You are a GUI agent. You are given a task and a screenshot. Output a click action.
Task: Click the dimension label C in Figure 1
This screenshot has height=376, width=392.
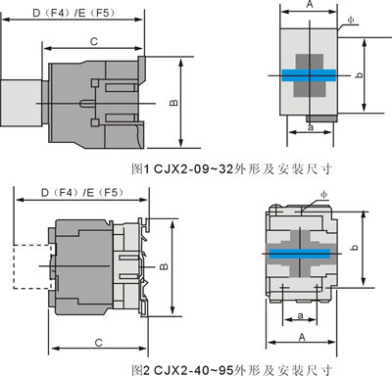click(94, 42)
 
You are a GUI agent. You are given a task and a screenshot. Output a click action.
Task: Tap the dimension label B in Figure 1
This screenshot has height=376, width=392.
click(173, 102)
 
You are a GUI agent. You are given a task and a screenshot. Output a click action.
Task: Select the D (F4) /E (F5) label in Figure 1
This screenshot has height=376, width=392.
click(73, 13)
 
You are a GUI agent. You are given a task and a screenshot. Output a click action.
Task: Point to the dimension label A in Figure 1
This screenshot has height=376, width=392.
click(310, 4)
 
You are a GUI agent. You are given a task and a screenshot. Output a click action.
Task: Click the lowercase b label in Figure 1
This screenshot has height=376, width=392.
click(359, 74)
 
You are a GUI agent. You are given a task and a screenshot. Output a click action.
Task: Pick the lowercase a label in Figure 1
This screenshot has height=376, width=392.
click(311, 127)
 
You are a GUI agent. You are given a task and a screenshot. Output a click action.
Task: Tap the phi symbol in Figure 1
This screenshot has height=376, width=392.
click(351, 20)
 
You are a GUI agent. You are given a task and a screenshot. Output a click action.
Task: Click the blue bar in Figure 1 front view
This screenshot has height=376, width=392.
click(309, 75)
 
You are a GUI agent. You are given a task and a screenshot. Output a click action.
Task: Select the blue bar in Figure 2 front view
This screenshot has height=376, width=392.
click(300, 254)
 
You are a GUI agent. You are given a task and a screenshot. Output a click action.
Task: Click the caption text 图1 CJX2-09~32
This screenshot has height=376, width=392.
click(182, 169)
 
